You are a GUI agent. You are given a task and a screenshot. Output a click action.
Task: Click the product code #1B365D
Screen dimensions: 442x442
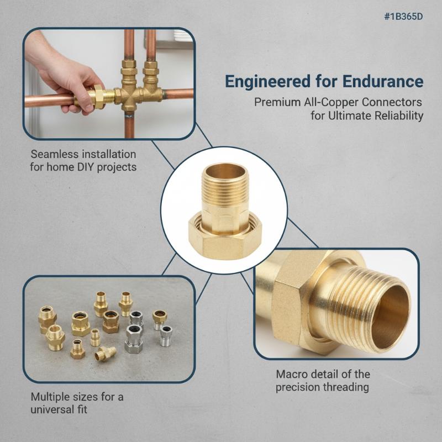tap(404, 17)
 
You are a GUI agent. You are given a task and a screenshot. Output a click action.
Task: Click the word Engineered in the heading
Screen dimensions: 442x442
tap(268, 81)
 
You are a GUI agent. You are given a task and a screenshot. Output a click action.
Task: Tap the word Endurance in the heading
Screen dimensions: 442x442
tap(383, 81)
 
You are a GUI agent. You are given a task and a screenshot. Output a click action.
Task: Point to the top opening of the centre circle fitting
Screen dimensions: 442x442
tap(224, 171)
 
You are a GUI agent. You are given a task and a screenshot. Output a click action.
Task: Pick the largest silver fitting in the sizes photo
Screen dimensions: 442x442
tap(134, 339)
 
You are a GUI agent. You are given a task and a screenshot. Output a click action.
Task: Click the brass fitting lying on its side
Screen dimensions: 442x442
tap(106, 354)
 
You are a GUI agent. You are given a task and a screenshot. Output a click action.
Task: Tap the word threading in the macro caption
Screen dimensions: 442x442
tap(346, 387)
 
